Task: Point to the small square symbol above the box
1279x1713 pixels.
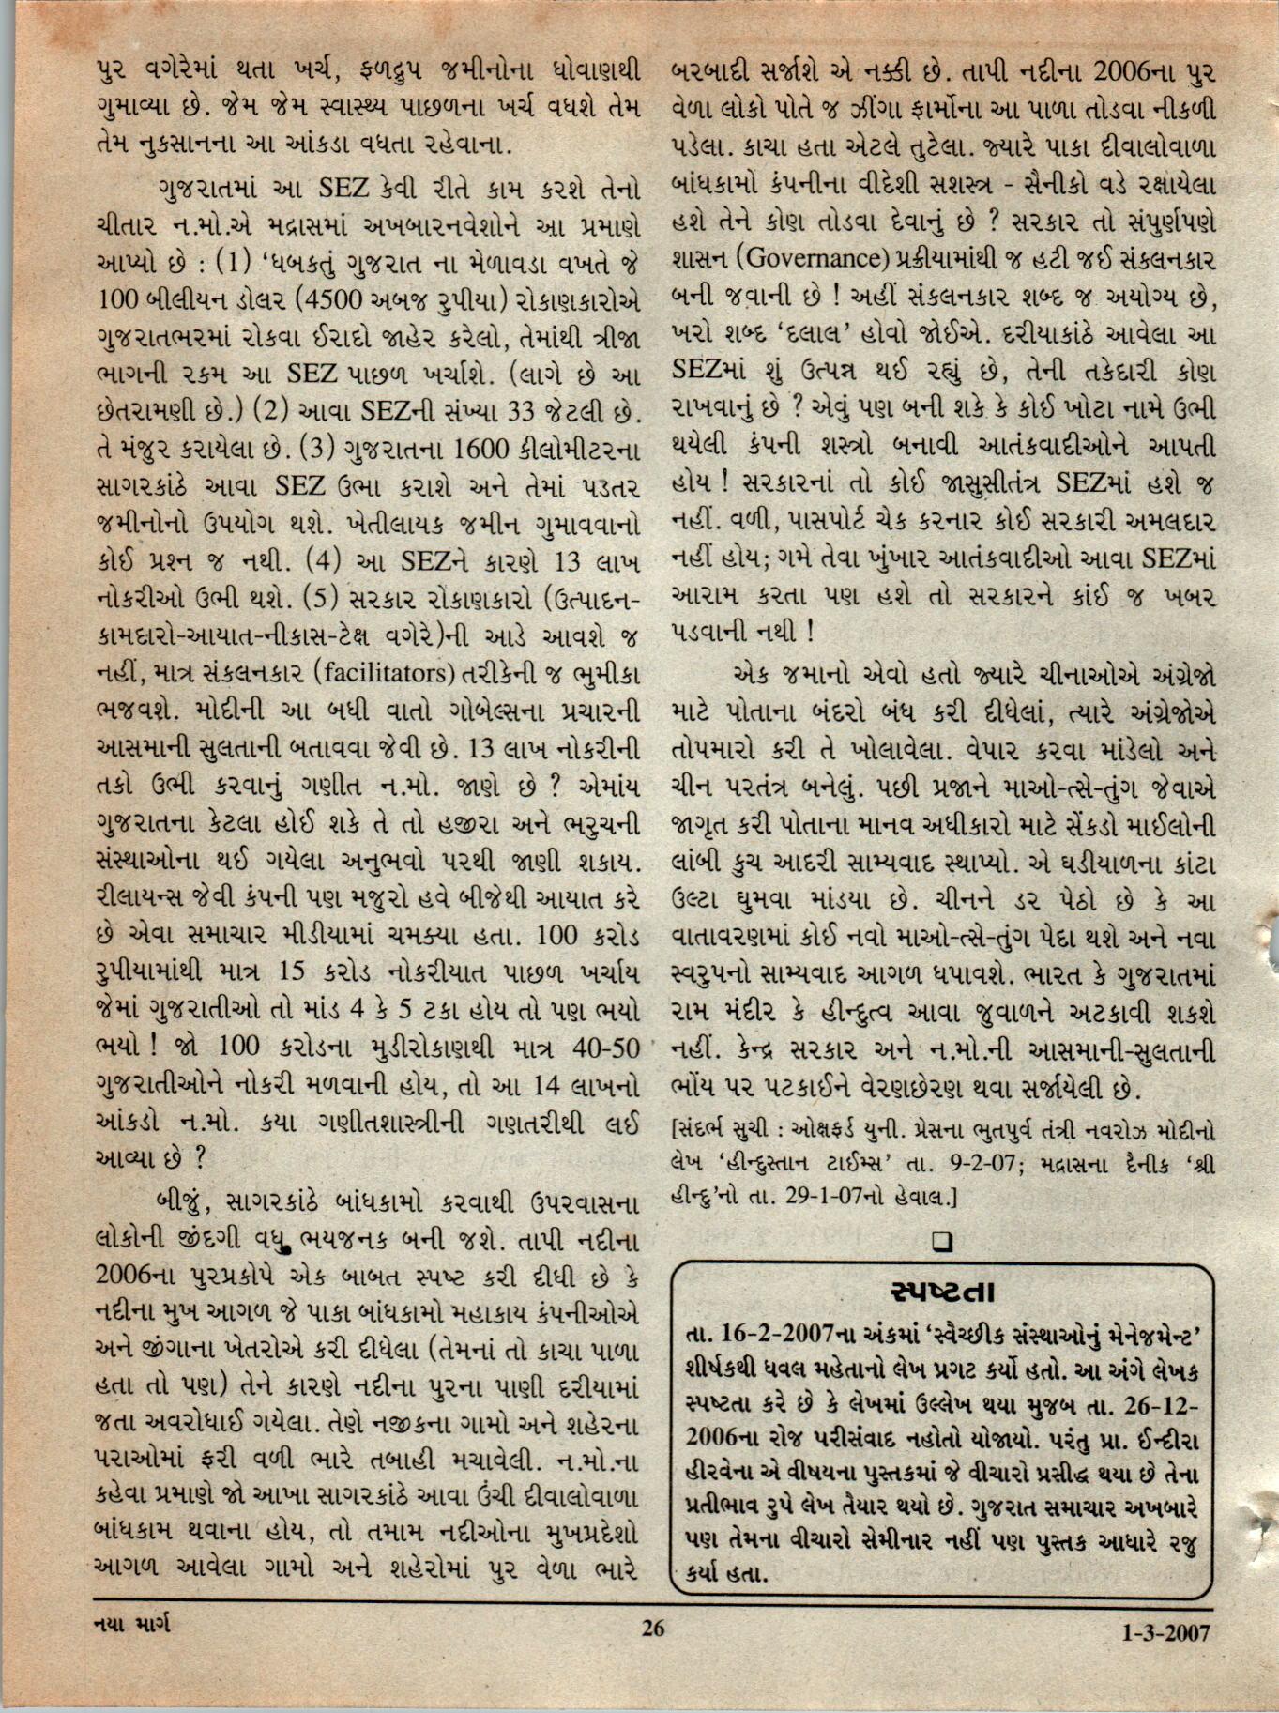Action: (943, 1242)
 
